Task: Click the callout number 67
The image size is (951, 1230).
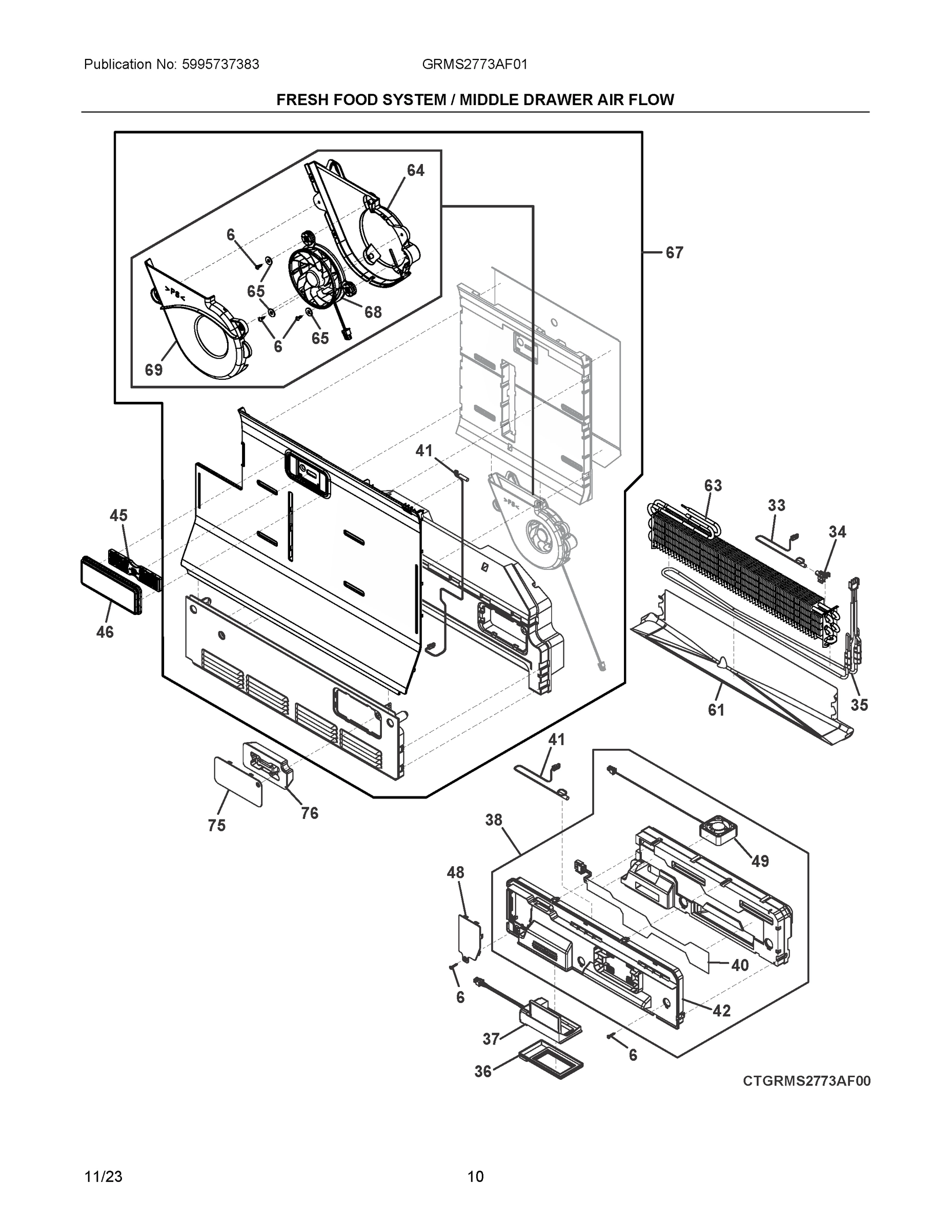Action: click(x=674, y=253)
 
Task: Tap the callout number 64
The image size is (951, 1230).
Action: click(x=415, y=170)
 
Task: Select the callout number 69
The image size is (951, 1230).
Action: click(x=154, y=370)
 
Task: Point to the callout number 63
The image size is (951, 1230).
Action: click(x=713, y=485)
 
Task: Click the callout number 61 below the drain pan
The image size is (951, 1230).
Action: click(x=716, y=710)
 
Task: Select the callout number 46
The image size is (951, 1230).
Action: click(x=105, y=632)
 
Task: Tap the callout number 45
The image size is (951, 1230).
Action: click(x=118, y=515)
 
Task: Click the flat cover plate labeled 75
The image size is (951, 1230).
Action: click(x=238, y=782)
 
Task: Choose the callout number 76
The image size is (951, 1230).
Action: click(x=309, y=813)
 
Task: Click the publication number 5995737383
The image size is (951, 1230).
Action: click(x=220, y=64)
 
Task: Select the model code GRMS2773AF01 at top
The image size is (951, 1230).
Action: click(x=474, y=64)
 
